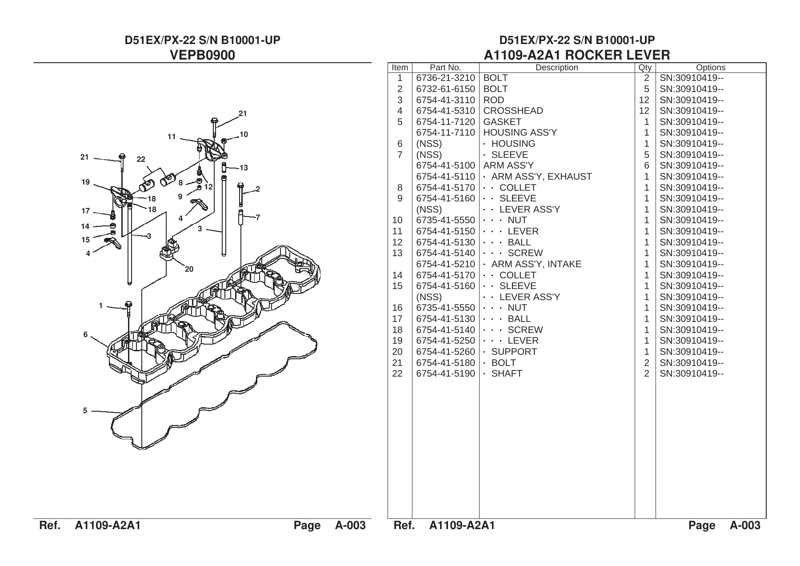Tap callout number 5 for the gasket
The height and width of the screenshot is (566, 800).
click(85, 410)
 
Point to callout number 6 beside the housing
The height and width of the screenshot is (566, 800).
click(85, 335)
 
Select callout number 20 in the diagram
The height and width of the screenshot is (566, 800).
click(189, 269)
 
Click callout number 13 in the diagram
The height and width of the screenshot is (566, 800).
click(244, 168)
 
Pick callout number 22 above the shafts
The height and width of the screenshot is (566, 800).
click(141, 159)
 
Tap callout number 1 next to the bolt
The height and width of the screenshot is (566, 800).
click(101, 305)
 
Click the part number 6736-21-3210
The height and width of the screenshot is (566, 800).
click(445, 78)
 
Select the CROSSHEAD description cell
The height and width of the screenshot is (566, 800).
click(513, 111)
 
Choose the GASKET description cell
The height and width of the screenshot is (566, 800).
click(502, 122)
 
